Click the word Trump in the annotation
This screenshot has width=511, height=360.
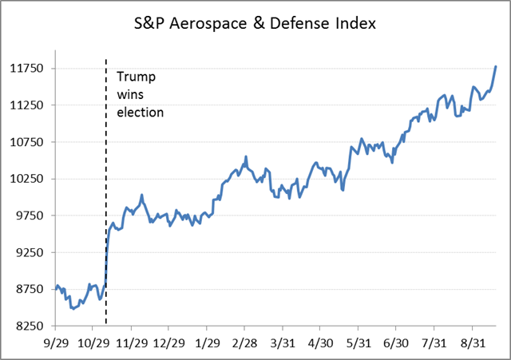(137, 77)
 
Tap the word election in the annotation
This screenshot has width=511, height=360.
(141, 112)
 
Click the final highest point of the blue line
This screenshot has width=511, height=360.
(496, 66)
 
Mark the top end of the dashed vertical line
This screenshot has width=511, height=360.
(106, 59)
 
